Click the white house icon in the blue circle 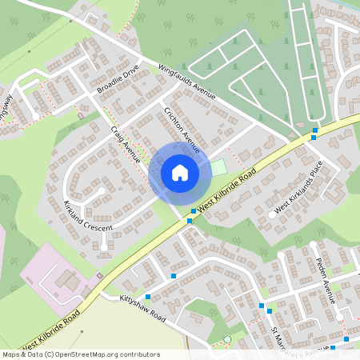[x=179, y=172]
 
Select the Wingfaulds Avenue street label [x=187, y=82]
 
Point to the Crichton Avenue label [x=182, y=130]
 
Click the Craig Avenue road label [x=126, y=145]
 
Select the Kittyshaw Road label [x=142, y=308]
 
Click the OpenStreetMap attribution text [x=81, y=354]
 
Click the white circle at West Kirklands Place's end [x=272, y=215]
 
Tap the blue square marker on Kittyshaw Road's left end [x=148, y=297]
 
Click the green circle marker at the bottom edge [x=227, y=340]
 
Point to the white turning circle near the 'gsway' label [x=36, y=117]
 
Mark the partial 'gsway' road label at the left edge [x=6, y=104]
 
